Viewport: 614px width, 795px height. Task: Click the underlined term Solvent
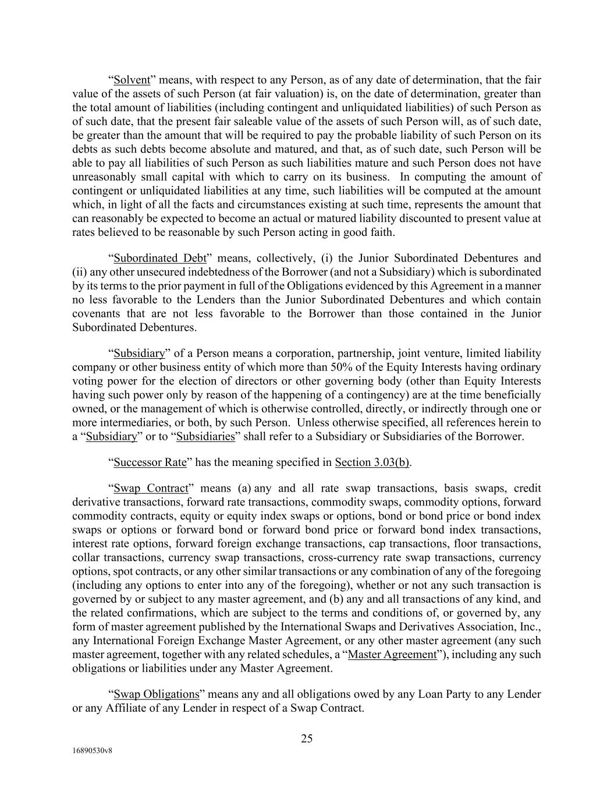pos(132,80)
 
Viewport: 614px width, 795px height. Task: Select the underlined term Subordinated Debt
pos(160,258)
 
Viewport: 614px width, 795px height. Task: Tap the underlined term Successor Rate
pos(150,462)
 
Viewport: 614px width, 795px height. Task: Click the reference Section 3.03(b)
pos(372,462)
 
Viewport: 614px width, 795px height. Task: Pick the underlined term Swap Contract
pos(151,488)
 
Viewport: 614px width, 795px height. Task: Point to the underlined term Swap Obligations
pos(157,694)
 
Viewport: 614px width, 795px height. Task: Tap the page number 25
pos(307,739)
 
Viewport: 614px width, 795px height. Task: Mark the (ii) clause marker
pos(79,272)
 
